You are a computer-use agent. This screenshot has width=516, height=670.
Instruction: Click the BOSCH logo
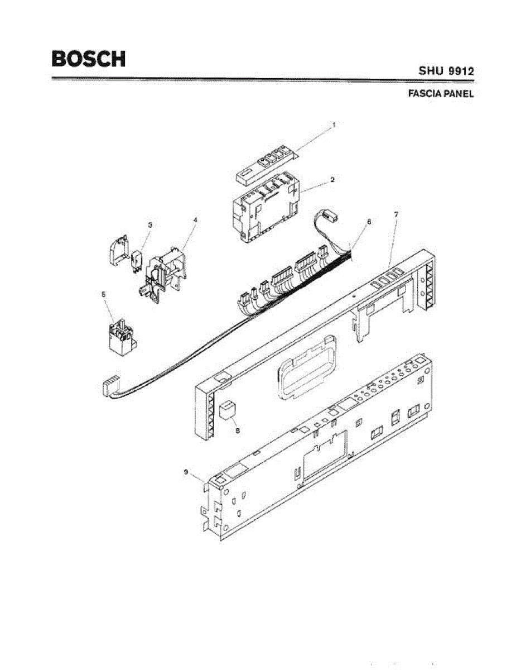(x=88, y=59)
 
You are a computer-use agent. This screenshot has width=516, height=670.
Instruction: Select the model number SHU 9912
(x=447, y=71)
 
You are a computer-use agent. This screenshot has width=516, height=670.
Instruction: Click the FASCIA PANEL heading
(x=441, y=94)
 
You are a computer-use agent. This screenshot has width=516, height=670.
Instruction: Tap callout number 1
(x=334, y=126)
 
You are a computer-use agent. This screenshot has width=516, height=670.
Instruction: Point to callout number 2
(x=332, y=180)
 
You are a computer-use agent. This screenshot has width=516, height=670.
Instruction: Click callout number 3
(x=150, y=224)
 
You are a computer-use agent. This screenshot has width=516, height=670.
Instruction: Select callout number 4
(x=195, y=220)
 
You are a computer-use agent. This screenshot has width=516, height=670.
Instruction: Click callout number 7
(x=396, y=214)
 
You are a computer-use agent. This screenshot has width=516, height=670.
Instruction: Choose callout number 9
(x=186, y=472)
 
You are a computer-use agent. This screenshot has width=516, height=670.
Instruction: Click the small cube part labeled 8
(x=228, y=410)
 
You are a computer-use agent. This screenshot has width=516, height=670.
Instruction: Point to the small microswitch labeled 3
(x=137, y=260)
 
